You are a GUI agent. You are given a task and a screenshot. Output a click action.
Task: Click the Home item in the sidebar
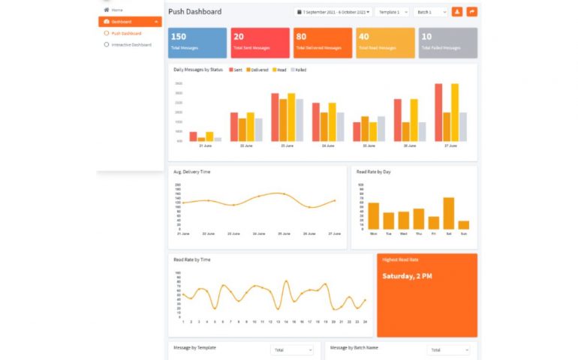(x=117, y=10)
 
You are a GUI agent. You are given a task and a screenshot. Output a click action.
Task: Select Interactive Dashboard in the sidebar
(x=131, y=45)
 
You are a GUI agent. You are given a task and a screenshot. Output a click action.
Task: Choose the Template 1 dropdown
(x=393, y=12)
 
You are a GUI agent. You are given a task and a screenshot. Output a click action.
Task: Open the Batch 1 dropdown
(x=430, y=12)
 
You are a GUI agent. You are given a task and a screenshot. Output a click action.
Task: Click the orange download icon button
(x=457, y=12)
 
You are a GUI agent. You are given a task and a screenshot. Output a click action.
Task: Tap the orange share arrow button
(x=471, y=12)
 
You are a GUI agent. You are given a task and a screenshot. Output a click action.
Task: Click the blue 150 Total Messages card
(x=197, y=43)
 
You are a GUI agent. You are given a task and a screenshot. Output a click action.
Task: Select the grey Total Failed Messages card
(x=447, y=43)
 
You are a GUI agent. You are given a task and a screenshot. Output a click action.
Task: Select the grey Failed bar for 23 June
(x=300, y=120)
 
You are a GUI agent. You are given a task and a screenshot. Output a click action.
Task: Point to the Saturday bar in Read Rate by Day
(x=449, y=213)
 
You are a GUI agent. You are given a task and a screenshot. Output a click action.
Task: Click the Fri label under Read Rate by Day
(x=434, y=234)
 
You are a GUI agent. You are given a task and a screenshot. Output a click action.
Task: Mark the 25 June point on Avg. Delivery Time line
(x=284, y=193)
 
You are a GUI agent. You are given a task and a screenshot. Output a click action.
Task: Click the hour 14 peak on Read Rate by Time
(x=286, y=281)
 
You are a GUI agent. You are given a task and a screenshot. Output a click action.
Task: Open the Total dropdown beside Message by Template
(x=292, y=350)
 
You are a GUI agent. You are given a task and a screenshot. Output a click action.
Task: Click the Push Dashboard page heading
(x=195, y=12)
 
